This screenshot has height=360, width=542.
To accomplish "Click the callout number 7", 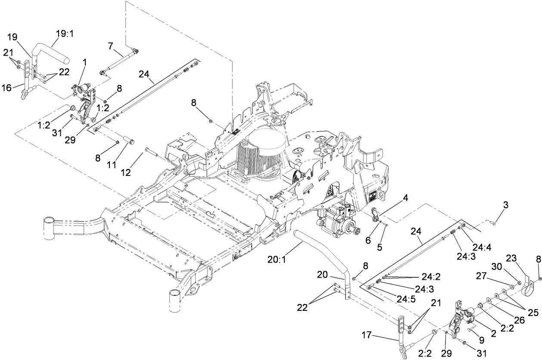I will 110,45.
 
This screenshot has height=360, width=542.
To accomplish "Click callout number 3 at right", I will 505,205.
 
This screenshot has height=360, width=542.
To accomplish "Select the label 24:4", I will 482,248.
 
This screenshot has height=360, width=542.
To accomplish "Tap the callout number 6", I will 368,241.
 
